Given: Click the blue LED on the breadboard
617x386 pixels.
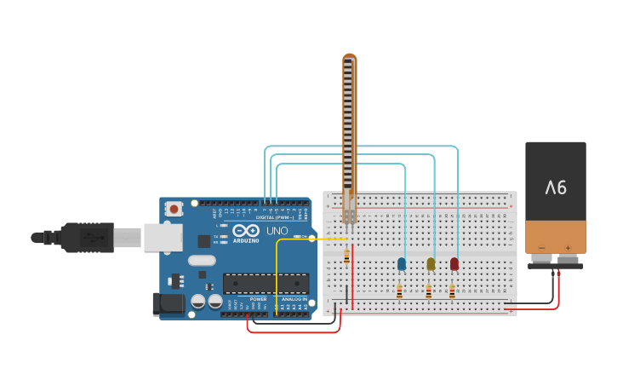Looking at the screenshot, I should [402, 264].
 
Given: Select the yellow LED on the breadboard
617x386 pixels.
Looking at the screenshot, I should [431, 264].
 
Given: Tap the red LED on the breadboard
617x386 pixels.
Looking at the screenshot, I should [454, 264].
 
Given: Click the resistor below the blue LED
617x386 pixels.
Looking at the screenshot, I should [399, 292].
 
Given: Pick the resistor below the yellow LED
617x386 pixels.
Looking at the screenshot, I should [428, 292].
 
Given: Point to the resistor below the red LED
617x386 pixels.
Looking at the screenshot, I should [452, 292].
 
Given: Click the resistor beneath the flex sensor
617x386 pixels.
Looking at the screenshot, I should [346, 255].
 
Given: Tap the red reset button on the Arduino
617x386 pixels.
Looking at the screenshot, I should [174, 208].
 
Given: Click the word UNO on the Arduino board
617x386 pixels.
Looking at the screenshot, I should [278, 231].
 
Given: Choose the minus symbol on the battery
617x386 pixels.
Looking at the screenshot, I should [542, 248].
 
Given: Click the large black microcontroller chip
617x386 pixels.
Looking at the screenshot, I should [265, 283].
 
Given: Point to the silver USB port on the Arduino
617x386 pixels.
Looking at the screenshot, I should [163, 238].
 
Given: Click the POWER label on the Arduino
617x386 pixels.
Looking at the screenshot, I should [259, 299].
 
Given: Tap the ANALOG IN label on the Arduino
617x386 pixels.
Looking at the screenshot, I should [294, 299].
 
